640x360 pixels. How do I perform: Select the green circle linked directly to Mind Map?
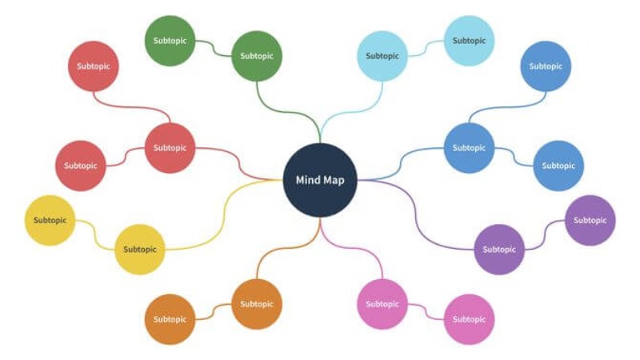[x=257, y=56]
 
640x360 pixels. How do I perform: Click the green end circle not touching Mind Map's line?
[x=170, y=41]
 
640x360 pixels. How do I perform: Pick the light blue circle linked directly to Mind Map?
[x=382, y=56]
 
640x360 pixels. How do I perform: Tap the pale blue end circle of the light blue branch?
[x=469, y=41]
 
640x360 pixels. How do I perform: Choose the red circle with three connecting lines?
[x=170, y=148]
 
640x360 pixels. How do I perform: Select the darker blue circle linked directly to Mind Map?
[x=469, y=148]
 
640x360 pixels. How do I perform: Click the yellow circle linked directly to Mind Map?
[x=140, y=250]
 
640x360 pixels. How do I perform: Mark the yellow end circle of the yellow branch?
[x=50, y=220]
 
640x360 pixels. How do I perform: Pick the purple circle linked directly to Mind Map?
[x=499, y=250]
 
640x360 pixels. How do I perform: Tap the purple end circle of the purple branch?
[x=590, y=220]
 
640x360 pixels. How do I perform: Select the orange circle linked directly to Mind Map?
[x=257, y=304]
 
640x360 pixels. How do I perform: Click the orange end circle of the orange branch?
[x=170, y=319]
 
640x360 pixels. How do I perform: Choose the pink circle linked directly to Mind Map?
[x=382, y=304]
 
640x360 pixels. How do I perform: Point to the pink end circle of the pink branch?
[x=469, y=319]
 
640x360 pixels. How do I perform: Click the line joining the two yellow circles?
[x=95, y=234]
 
